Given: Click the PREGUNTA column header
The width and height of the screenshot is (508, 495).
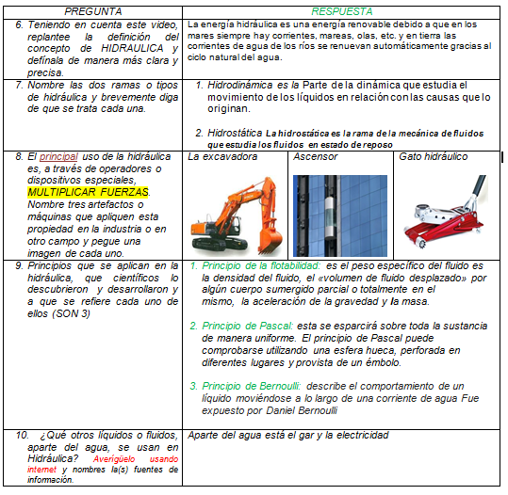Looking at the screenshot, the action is (93, 12).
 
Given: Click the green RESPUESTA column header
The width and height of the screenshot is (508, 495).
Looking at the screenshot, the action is (342, 12).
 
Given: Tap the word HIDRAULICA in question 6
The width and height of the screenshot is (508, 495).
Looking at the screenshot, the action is (132, 49).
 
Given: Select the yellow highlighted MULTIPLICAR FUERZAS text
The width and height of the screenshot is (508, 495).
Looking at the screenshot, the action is (88, 192).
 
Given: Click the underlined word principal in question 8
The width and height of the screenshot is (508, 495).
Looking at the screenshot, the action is (58, 157).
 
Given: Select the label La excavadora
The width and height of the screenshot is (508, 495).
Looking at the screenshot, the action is (222, 157).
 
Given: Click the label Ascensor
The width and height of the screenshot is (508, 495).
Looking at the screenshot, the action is (315, 157).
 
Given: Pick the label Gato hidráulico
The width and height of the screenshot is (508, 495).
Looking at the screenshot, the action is (434, 157).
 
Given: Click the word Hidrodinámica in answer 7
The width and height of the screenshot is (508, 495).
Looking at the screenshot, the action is (239, 86).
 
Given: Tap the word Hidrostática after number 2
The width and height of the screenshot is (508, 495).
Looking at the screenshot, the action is (235, 133).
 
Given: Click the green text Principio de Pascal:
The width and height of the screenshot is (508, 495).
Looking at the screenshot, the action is (248, 326).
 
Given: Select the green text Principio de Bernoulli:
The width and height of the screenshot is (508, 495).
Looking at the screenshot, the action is (252, 386).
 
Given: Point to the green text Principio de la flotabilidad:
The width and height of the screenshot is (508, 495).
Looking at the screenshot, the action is (261, 266).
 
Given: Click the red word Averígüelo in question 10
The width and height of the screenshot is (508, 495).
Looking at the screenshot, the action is (114, 459).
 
